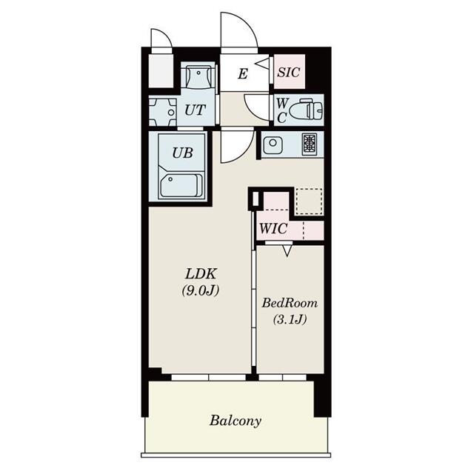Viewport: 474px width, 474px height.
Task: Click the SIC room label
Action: [x=289, y=73]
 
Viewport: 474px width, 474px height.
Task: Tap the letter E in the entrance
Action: [x=243, y=73]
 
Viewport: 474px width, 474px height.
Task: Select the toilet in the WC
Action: [x=306, y=110]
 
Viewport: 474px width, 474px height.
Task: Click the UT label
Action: [x=195, y=110]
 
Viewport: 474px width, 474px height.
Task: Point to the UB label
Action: [x=182, y=153]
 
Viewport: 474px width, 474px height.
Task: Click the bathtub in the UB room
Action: [x=181, y=186]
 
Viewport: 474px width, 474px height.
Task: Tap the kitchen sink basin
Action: [x=273, y=145]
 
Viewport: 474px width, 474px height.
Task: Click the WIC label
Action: [x=273, y=229]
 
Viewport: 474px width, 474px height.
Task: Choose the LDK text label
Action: [x=201, y=274]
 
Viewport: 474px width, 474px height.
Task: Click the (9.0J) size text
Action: [x=201, y=290]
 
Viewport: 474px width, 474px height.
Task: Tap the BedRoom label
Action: [x=290, y=303]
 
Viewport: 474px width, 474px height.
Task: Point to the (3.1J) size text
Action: [x=290, y=319]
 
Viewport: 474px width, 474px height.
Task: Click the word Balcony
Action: [x=236, y=421]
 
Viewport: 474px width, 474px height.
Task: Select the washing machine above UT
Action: [x=198, y=76]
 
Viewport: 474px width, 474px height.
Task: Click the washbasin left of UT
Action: [x=163, y=112]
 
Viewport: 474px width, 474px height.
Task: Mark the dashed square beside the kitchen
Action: [x=309, y=201]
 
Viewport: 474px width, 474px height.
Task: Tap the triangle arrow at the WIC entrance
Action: [x=287, y=251]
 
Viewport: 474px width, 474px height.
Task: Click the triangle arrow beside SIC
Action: [x=262, y=64]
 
